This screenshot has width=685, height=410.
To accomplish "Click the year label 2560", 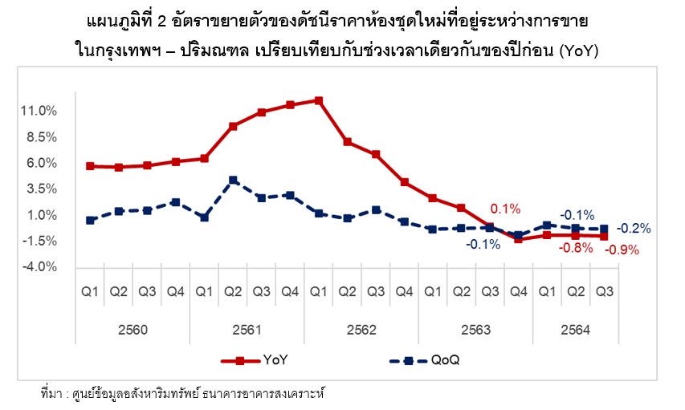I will [x=133, y=329].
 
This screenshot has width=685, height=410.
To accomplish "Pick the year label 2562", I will [x=361, y=329].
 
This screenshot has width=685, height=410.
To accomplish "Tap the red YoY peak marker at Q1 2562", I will [x=319, y=100].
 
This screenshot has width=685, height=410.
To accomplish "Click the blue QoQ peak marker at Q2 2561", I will [x=233, y=180].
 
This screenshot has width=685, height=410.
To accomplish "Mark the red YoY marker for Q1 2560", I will [x=90, y=166].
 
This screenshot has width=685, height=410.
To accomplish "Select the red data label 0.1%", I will [x=505, y=209].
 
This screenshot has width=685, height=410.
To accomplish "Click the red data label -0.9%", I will [x=622, y=250].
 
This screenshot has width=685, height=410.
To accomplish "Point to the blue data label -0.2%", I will [x=634, y=229].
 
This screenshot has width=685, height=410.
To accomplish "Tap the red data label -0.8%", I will [x=576, y=249].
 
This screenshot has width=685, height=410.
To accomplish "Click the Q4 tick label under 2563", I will [x=518, y=292].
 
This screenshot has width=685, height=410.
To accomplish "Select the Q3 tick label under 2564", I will [x=604, y=292].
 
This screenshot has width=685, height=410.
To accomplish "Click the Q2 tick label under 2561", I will [x=233, y=292].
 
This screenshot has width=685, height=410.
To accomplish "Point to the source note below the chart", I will [x=184, y=394].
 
